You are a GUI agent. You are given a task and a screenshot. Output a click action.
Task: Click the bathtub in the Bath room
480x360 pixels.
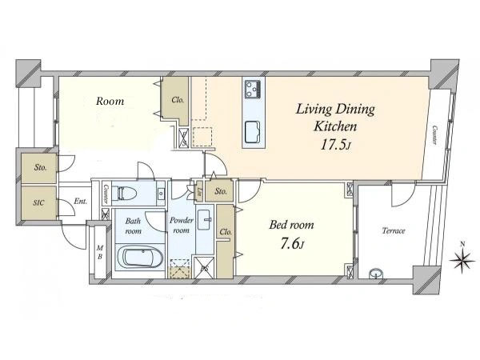pos(139,258)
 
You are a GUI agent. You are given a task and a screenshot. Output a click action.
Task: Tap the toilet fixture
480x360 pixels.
pos(122,193)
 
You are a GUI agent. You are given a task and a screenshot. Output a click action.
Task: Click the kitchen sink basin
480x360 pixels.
pos(253,132)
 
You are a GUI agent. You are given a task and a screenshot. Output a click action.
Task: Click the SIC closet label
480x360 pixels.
pos(38,202)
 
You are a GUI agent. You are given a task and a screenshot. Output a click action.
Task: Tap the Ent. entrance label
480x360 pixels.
pos(81,202)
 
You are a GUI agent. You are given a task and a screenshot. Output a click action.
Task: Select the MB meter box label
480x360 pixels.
pos(100,252)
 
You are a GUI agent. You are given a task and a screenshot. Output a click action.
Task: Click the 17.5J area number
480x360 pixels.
pos(335,145)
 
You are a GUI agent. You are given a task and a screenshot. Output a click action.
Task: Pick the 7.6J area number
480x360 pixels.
pos(292,244)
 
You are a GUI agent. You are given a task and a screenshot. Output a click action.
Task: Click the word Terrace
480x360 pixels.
pos(394,230)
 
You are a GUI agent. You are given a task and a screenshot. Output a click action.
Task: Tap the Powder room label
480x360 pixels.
pos(182,225)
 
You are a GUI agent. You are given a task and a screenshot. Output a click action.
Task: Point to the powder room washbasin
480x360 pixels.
pos(205,219)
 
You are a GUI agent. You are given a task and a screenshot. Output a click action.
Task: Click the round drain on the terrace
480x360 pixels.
pos(376,274)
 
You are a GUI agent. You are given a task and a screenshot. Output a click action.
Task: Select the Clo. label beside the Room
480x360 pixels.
pos(178,100)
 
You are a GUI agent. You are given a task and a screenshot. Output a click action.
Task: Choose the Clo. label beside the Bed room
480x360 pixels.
pos(226,232)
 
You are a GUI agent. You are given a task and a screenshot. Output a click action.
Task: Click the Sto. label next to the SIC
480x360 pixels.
pos(40,167)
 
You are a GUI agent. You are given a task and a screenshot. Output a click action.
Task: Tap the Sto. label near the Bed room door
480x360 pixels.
pos(221,192)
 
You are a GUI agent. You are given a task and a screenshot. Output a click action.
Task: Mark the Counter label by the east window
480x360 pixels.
pos(435,135)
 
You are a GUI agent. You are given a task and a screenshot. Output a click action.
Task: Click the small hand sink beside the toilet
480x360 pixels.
pos(161,194)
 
